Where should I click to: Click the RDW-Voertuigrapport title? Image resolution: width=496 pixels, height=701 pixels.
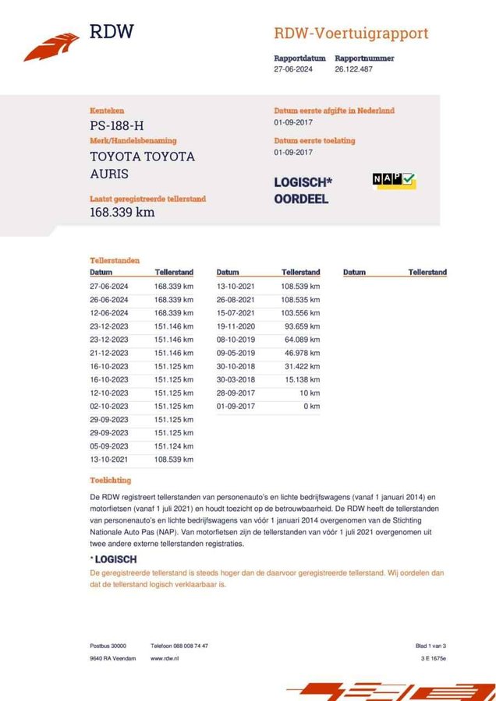click(351, 33)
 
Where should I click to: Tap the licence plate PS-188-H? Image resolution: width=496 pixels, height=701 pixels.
click(117, 125)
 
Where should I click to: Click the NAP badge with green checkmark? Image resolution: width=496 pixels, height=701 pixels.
click(394, 181)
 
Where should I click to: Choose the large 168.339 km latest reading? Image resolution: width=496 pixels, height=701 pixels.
click(122, 212)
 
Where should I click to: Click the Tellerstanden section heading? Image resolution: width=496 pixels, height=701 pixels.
click(115, 260)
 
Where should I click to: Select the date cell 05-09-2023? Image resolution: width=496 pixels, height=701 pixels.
click(109, 447)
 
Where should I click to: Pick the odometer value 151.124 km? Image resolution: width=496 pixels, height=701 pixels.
click(173, 447)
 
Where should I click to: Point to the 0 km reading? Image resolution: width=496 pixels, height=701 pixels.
click(311, 407)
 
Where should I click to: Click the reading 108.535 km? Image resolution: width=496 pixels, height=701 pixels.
click(300, 299)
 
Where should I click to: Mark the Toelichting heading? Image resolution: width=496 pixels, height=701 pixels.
click(111, 480)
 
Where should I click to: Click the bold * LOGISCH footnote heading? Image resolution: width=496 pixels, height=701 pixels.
click(114, 559)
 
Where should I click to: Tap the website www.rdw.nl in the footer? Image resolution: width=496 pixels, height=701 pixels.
click(166, 658)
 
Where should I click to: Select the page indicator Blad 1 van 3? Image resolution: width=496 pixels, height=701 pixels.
click(430, 646)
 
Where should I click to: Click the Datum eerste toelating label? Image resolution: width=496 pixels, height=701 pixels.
click(314, 141)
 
